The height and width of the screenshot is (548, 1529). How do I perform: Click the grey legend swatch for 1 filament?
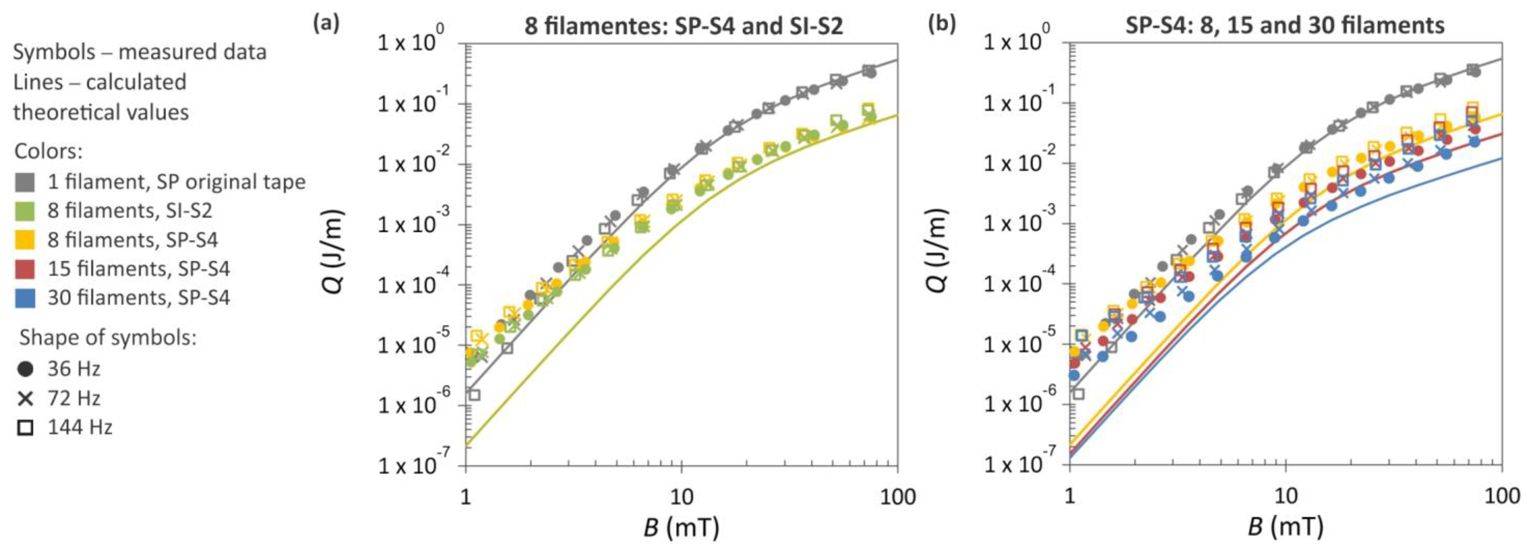pos(25,182)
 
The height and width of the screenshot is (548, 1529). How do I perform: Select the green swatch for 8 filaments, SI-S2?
pos(25,211)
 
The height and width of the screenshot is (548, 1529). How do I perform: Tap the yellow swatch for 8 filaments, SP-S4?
pos(25,240)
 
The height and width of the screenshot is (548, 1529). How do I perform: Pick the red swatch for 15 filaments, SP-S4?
pos(25,269)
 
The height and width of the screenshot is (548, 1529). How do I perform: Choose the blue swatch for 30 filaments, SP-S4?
pos(25,298)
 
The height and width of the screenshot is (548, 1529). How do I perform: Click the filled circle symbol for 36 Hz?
pos(25,369)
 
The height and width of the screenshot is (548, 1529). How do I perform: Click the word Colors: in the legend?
pos(48,152)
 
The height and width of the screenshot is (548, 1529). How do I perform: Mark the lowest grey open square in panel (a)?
pos(474,395)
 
